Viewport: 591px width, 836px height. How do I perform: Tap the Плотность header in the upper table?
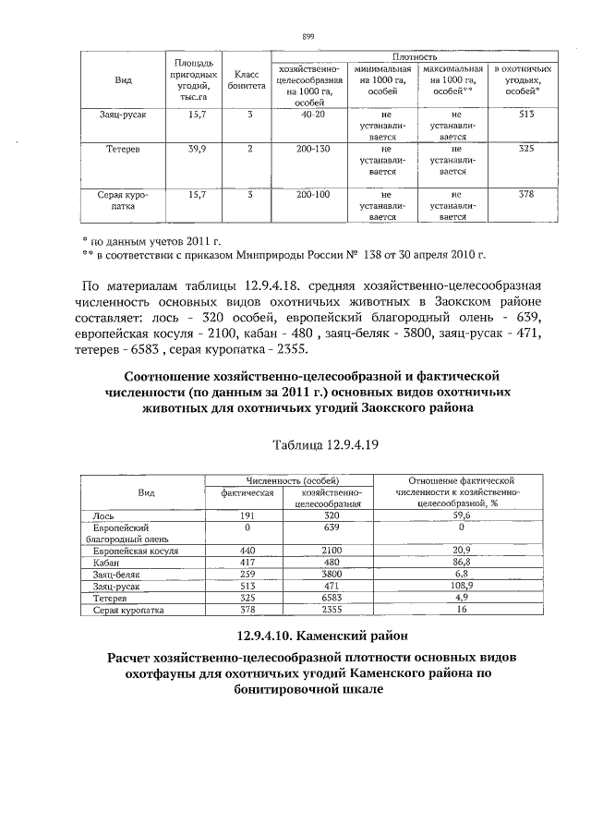click(415, 57)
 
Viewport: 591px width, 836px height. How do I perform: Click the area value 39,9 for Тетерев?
click(196, 148)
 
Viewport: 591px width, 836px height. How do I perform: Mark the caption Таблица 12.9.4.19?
click(327, 445)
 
